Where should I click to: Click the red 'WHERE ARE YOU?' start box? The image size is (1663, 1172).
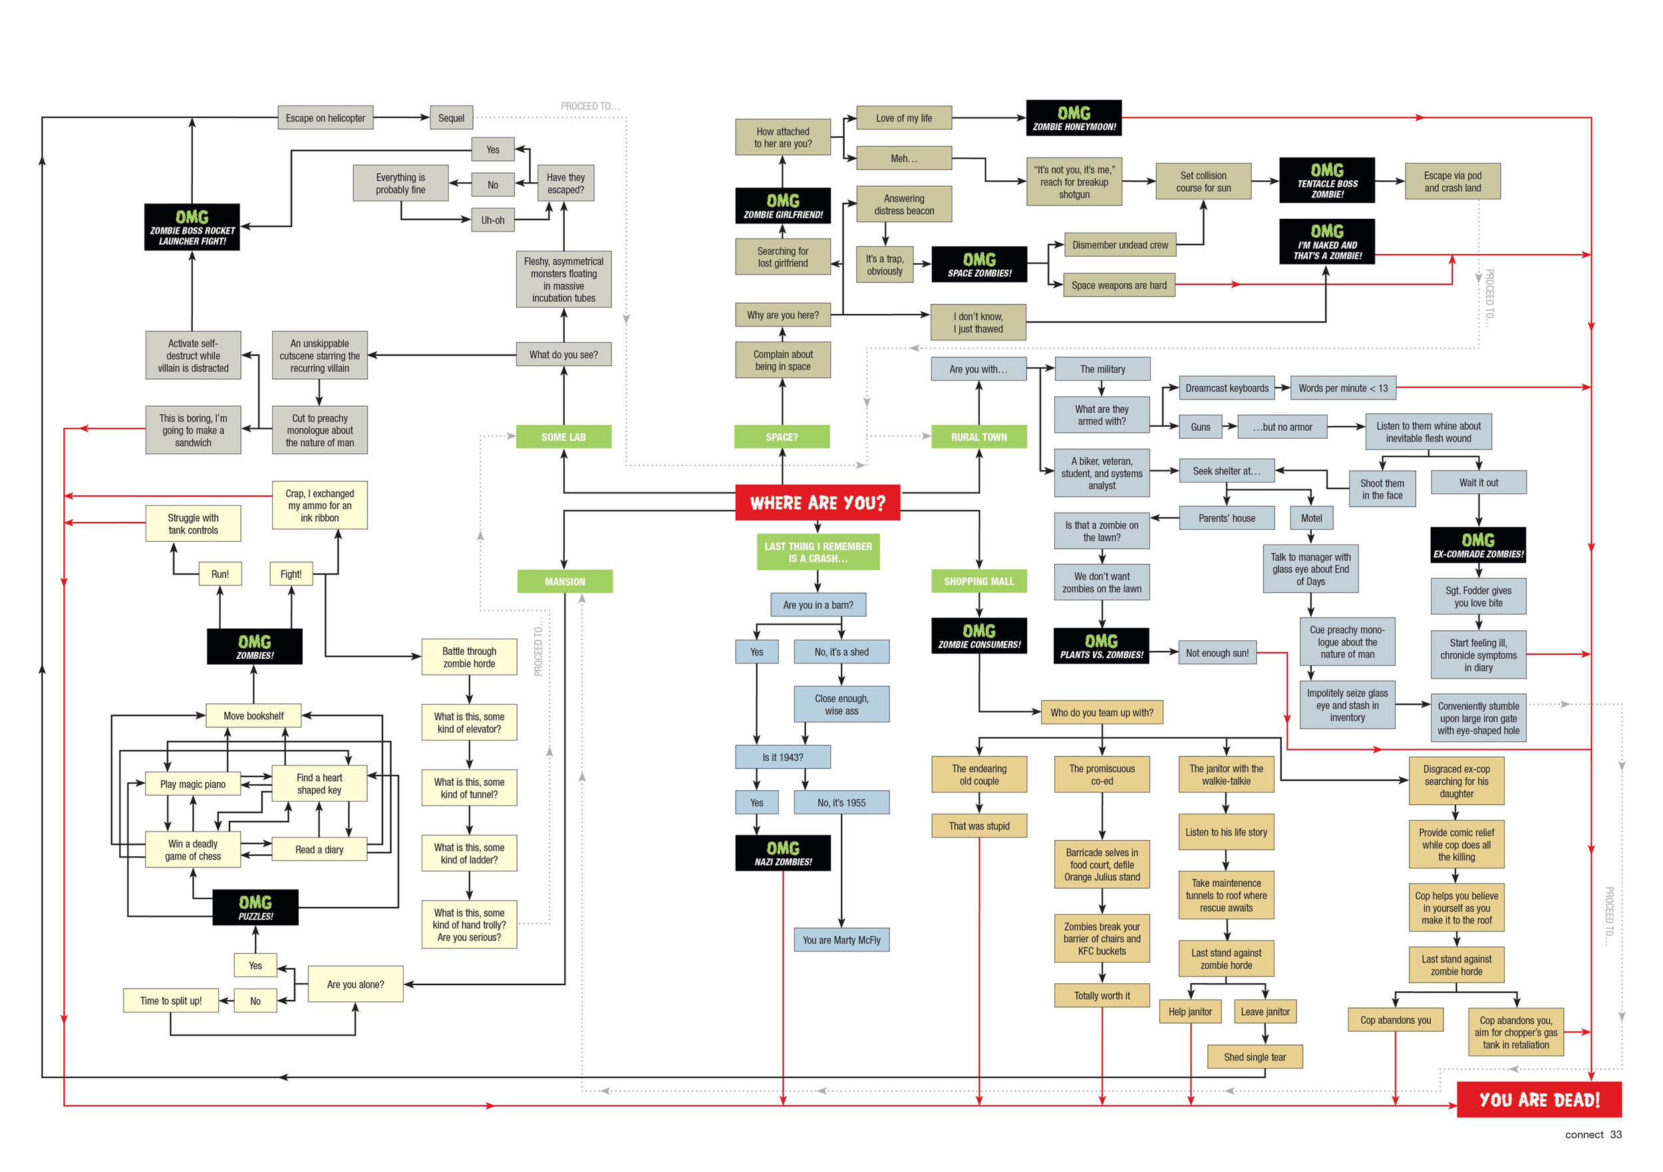point(817,503)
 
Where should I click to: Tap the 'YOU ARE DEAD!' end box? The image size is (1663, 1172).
point(1539,1100)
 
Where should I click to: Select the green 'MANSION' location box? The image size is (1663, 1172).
point(564,581)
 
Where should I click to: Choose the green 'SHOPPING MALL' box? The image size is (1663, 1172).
point(979,581)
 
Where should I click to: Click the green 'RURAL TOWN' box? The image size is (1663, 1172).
point(979,437)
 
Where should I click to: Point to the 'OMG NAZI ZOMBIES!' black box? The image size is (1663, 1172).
point(782,853)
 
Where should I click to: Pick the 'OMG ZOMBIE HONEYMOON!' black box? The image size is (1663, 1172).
point(1074,118)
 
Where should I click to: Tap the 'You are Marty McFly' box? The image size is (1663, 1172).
point(841,939)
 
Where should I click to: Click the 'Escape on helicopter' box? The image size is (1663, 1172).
point(325,118)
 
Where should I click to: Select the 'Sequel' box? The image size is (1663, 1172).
point(450,118)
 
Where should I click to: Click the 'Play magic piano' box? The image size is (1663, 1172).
point(193,784)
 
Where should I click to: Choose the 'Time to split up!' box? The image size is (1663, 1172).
point(171,1000)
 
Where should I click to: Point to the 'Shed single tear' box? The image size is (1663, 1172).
point(1255,1057)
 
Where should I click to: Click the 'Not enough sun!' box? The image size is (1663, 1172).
point(1217,653)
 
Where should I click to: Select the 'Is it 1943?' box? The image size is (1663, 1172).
point(782,757)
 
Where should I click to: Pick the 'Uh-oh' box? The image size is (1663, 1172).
point(492,220)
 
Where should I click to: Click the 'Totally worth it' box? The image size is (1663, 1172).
point(1102,995)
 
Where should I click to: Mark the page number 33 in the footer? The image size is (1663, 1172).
point(1615,1134)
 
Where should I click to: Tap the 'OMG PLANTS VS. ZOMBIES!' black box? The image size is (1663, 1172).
point(1101,646)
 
